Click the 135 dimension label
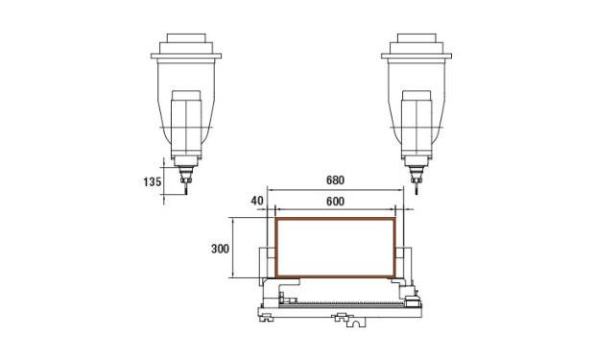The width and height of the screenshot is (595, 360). pos(153,181)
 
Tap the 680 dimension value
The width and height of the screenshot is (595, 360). pos(336,180)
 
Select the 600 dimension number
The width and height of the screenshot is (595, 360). pos(336,202)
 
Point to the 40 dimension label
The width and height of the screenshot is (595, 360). pos(257,201)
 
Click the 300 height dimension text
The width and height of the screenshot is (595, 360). pos(220,249)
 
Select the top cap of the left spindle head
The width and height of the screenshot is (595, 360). pos(186,38)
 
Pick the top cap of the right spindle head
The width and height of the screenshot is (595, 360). pos(416,38)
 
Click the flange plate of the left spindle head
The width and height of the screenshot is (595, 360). pos(186,56)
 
